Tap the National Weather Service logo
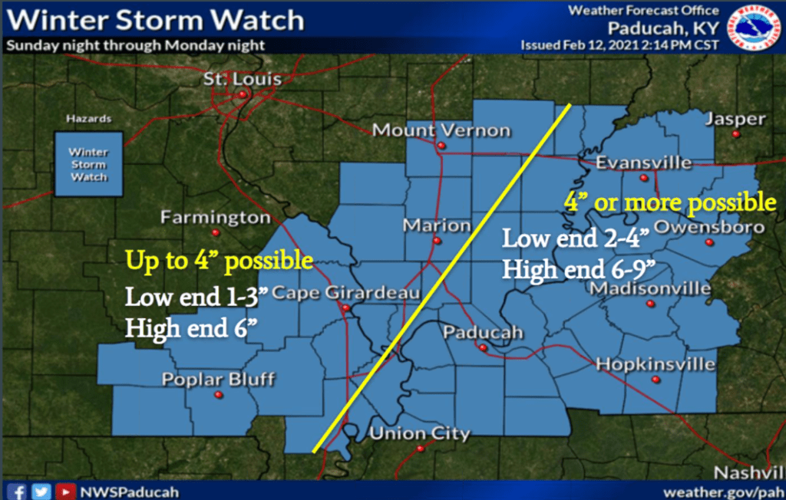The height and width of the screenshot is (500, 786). click(754, 28)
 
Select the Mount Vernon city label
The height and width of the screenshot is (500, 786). click(441, 130)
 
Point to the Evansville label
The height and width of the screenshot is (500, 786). click(644, 163)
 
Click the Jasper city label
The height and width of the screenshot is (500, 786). click(735, 119)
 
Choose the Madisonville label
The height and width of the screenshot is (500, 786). click(649, 288)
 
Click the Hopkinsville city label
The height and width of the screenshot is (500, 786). click(656, 363)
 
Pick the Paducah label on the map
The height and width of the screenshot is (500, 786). click(483, 332)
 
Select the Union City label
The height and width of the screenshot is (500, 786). click(420, 433)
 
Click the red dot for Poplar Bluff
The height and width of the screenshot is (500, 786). click(218, 395)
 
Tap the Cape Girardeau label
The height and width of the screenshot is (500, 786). click(345, 293)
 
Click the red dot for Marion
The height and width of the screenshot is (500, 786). click(437, 241)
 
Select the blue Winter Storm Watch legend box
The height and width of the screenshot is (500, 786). click(89, 164)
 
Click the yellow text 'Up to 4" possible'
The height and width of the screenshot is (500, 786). click(220, 261)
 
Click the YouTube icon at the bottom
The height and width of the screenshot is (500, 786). click(67, 492)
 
